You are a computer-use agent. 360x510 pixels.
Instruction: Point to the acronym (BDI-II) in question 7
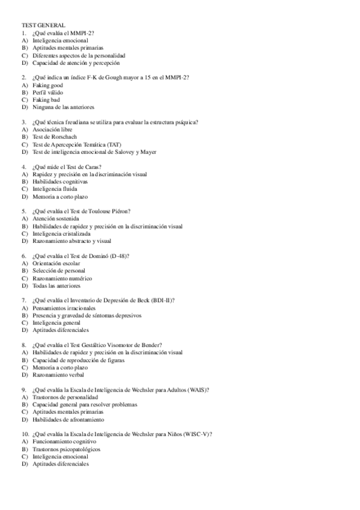click(x=160, y=300)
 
